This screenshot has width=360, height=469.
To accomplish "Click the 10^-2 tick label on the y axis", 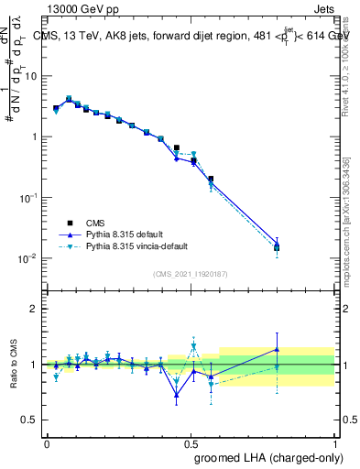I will tap(29, 258).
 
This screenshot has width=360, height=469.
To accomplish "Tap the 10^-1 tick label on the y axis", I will tap(29, 197).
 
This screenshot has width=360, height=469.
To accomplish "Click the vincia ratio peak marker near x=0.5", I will tap(194, 346).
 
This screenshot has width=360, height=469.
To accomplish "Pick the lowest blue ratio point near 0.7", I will tap(177, 396).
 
